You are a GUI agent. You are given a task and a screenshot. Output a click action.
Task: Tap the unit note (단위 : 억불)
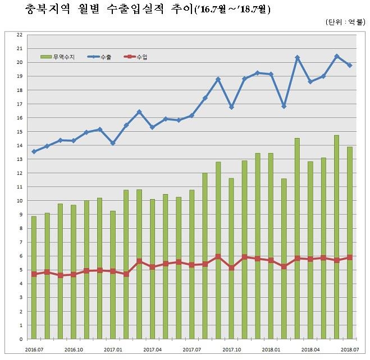[344, 22]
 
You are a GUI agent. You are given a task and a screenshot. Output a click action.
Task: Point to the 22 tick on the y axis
[20, 35]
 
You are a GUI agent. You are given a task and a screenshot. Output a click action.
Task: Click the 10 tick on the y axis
[20, 201]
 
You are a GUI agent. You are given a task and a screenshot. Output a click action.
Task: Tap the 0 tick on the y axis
[21, 339]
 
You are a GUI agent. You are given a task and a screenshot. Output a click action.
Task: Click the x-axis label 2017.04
[153, 349]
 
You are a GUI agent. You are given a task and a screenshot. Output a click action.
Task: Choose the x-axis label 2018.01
[271, 349]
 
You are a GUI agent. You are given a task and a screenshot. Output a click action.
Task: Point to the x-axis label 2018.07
[349, 349]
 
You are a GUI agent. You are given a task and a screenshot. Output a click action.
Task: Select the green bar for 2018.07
[349, 252]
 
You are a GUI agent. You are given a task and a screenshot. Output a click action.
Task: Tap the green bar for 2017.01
[113, 280]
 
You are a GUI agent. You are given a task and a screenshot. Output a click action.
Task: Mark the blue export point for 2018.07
[349, 66]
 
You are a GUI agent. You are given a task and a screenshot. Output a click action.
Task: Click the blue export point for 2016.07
[34, 151]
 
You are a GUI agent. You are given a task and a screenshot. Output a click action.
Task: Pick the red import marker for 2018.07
[349, 257]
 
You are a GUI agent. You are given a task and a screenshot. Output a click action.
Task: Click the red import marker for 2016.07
[34, 274]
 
